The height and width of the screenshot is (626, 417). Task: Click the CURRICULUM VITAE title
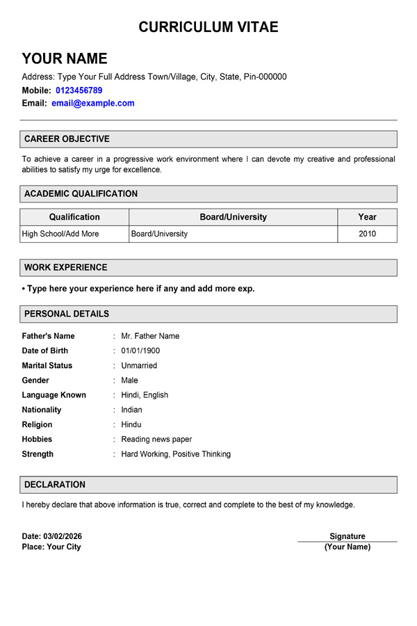[208, 27]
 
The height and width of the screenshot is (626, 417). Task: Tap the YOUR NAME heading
[65, 58]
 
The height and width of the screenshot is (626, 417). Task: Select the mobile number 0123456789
[79, 90]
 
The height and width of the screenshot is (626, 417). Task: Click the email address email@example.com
[93, 103]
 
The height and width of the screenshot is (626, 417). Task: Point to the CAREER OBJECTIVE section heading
[67, 139]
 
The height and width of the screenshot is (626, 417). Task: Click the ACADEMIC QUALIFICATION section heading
[81, 193]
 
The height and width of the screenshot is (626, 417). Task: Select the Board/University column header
[233, 217]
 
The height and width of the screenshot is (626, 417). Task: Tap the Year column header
[367, 217]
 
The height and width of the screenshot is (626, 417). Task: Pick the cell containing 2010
[367, 234]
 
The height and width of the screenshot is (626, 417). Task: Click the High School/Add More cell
[60, 234]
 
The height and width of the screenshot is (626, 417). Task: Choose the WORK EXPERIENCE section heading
[65, 267]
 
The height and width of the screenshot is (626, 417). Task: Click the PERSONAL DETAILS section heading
[66, 314]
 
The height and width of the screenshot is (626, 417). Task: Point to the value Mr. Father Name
[150, 336]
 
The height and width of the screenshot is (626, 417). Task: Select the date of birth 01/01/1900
[140, 351]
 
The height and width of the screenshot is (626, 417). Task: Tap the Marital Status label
[47, 365]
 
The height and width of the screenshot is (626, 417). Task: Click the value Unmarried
[139, 365]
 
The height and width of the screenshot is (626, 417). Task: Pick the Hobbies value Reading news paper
[156, 439]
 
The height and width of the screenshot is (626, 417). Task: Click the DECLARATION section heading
[55, 484]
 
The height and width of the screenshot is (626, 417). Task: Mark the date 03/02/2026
[63, 536]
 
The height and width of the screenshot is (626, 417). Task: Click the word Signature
[347, 536]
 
